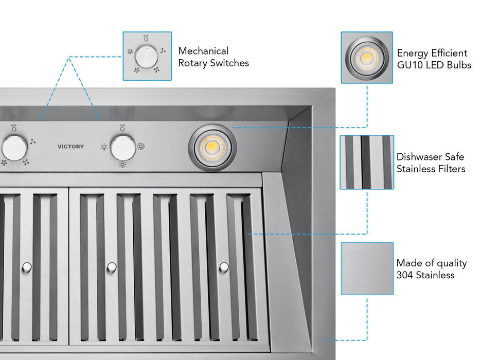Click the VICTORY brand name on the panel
click(x=70, y=147)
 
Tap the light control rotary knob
click(x=123, y=148)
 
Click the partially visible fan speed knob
click(x=14, y=148)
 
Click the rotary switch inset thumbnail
click(x=147, y=56)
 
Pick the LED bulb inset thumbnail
click(x=367, y=57)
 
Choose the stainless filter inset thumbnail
click(x=367, y=162)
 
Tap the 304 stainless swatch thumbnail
click(x=367, y=268)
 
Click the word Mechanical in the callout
click(x=203, y=51)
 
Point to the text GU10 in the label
click(x=409, y=65)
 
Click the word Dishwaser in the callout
click(x=418, y=157)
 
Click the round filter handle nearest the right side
click(x=224, y=267)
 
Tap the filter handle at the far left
click(x=27, y=267)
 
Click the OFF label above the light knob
click(x=122, y=125)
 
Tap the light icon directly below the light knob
click(x=122, y=165)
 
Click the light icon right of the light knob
click(x=140, y=146)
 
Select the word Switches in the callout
click(x=230, y=63)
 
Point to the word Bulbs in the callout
click(x=458, y=65)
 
